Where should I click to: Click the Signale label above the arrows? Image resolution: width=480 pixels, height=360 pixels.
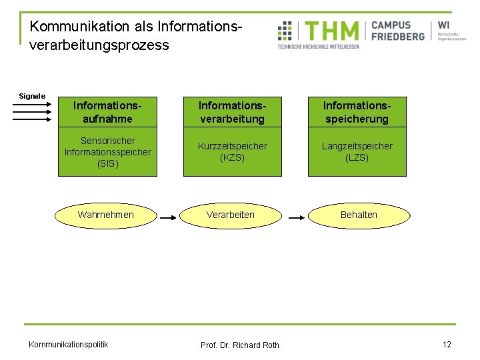[x=32, y=96]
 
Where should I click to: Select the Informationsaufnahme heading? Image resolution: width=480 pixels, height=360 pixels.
[x=108, y=112]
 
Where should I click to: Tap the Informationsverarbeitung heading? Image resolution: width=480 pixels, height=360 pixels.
[x=232, y=112]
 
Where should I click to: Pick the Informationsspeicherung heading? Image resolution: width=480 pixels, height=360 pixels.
[x=357, y=112]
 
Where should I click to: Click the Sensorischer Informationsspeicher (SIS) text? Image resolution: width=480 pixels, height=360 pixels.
[x=108, y=152]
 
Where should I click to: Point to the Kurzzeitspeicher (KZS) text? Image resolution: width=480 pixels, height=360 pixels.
[x=232, y=152]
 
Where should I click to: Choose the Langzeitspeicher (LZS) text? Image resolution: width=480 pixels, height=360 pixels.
[x=357, y=152]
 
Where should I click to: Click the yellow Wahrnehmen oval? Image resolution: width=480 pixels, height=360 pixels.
[x=106, y=215]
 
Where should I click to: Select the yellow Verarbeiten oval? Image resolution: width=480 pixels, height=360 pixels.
[x=231, y=215]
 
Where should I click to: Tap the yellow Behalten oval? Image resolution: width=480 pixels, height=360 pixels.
[x=359, y=215]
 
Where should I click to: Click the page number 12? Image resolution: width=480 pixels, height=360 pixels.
[x=447, y=344]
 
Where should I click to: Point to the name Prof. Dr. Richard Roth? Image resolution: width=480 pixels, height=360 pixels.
[x=240, y=345]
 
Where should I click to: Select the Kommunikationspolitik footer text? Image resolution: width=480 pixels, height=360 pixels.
[x=68, y=344]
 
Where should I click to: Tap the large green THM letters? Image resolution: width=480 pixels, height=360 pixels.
[x=331, y=31]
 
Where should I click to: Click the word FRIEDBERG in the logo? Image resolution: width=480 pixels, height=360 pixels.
[x=398, y=37]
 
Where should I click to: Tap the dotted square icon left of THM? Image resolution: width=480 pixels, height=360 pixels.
[x=285, y=31]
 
